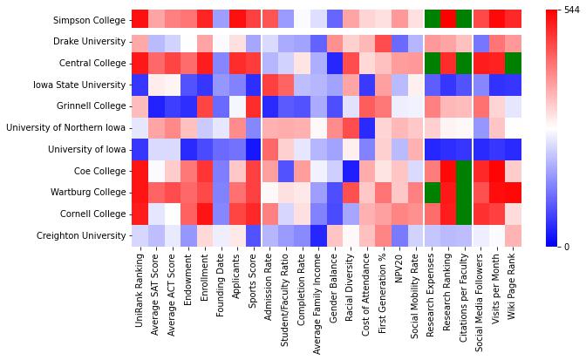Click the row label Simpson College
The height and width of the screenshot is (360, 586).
click(88, 20)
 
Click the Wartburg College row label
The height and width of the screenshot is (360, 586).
click(87, 193)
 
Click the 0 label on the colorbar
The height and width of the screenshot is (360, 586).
click(566, 247)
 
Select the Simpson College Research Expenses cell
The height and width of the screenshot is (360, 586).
click(433, 20)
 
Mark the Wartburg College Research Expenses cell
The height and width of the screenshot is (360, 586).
click(433, 193)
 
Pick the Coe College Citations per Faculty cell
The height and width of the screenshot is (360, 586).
click(465, 171)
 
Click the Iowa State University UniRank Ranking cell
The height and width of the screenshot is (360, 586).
click(140, 85)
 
